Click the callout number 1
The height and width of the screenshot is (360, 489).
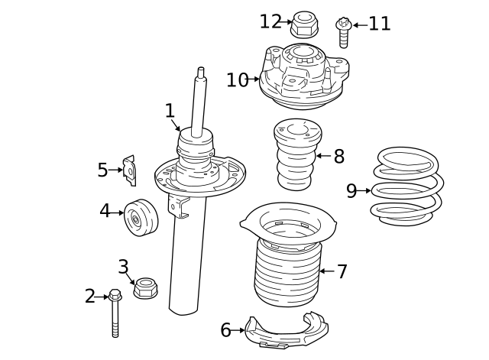[x=170, y=112]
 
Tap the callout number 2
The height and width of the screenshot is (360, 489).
[x=90, y=297]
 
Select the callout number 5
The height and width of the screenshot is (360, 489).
[x=102, y=170]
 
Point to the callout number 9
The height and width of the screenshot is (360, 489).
[x=351, y=191]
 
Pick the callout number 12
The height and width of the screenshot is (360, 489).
[x=270, y=22]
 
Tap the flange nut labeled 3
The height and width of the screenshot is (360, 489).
[x=144, y=289]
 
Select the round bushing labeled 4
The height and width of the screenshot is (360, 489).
[x=140, y=218]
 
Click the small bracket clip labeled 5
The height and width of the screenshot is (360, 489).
[x=131, y=170]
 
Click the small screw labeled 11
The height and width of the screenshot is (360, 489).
[x=343, y=32]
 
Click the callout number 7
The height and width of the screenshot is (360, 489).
[x=342, y=271]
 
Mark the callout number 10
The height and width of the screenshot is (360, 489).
[x=237, y=79]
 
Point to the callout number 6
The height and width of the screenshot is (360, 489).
[x=225, y=330]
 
